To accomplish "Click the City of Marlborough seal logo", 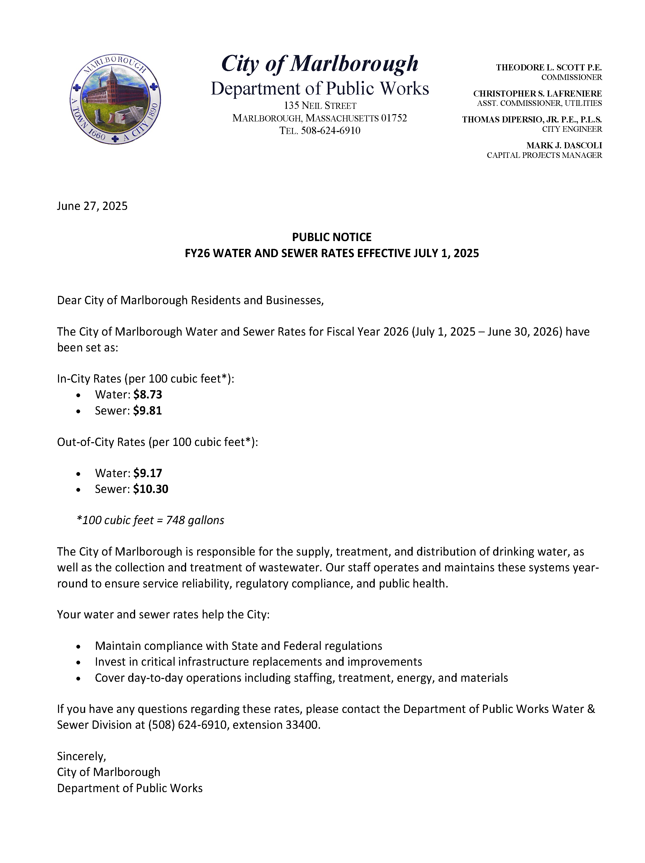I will [115, 99].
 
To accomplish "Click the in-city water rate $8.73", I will [147, 394].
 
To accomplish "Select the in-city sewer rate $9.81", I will [147, 411].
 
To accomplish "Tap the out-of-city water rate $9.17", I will [147, 473].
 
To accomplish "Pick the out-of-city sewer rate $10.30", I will [150, 489].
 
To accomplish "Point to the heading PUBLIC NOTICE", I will [332, 237].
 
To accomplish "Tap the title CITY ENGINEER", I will [572, 129].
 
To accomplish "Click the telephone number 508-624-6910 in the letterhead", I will [331, 130].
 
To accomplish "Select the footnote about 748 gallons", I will [150, 520].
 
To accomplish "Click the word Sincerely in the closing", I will [81, 756].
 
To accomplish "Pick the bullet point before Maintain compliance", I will [79, 647].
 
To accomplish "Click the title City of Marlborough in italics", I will [319, 64].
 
